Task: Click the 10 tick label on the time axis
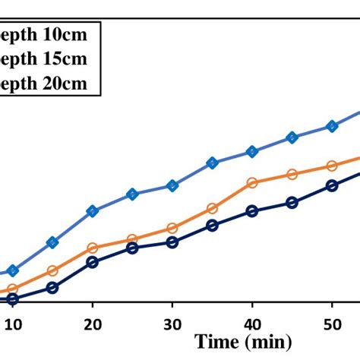(x=12, y=323)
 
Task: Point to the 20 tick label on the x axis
(x=92, y=323)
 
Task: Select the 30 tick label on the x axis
(x=172, y=323)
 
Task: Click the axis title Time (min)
(x=241, y=342)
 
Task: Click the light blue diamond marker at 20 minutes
(x=92, y=211)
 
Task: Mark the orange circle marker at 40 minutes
(x=252, y=182)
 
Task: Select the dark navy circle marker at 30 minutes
(x=172, y=243)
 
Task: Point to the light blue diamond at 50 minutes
(x=332, y=126)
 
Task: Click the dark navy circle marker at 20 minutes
(x=92, y=262)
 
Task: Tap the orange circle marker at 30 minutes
(x=172, y=228)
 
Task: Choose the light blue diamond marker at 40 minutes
(x=252, y=152)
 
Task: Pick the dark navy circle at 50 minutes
(x=332, y=185)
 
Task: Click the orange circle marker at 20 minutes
(x=92, y=248)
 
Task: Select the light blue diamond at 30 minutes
(x=172, y=185)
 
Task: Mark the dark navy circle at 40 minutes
(x=252, y=211)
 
